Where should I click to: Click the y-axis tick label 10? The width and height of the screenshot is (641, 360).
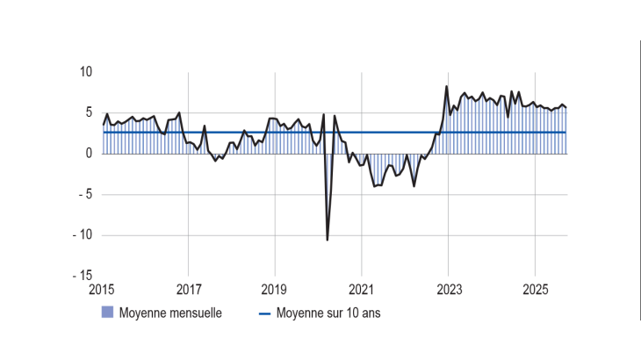[86, 72]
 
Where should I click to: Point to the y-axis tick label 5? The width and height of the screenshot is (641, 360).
[89, 112]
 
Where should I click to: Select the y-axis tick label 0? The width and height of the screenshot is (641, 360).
[89, 154]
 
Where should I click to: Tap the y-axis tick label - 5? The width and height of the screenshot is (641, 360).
[85, 195]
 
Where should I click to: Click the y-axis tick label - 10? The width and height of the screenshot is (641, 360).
[83, 235]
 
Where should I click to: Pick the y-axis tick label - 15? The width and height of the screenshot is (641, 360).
[83, 276]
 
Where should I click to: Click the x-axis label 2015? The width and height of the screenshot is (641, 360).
[103, 289]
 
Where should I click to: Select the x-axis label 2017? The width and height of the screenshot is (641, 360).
[189, 289]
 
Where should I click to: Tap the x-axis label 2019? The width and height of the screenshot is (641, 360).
[275, 289]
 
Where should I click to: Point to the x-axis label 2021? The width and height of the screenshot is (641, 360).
[362, 289]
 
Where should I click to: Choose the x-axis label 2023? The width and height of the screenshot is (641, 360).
[449, 289]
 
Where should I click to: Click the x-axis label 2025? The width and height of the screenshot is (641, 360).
[536, 289]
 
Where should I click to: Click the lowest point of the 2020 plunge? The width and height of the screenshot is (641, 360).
[328, 240]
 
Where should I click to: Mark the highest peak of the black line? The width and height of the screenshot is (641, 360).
[447, 86]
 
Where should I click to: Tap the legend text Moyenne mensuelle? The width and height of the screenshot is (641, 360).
[164, 313]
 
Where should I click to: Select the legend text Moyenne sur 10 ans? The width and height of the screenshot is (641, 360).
[328, 313]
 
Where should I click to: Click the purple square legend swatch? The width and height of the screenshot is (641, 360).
[108, 313]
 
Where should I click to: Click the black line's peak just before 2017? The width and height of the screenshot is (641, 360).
[179, 112]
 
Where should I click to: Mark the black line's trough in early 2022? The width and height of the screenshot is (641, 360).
[414, 186]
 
